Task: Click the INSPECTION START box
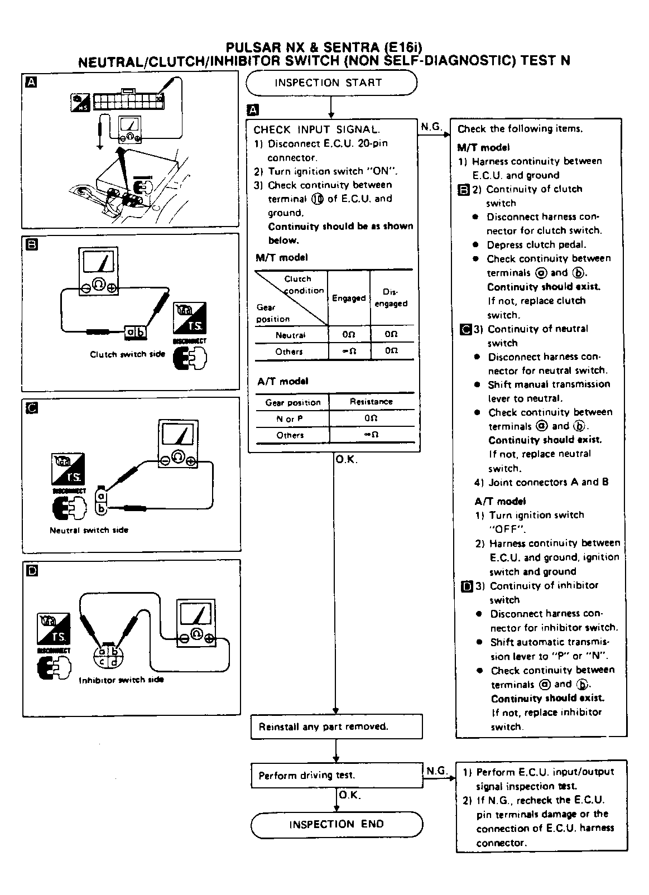[331, 83]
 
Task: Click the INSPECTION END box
[336, 825]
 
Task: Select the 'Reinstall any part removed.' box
[336, 726]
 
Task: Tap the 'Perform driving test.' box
[336, 775]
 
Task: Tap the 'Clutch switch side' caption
[128, 354]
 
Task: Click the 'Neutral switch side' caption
[89, 530]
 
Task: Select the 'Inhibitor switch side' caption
[121, 680]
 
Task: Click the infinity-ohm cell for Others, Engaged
[349, 352]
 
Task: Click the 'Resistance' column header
[371, 402]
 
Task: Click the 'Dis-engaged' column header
[391, 298]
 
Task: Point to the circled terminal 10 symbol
[317, 199]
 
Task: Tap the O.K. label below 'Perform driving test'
[350, 795]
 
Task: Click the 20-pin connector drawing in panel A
[128, 102]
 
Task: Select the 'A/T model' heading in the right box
[500, 501]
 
